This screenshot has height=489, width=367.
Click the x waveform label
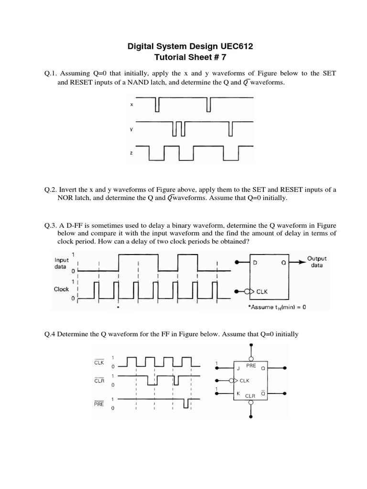(132, 104)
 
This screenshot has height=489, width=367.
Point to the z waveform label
(132, 153)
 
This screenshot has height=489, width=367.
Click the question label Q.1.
(51, 74)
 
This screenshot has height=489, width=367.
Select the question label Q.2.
(51, 190)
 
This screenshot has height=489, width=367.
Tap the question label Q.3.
(51, 225)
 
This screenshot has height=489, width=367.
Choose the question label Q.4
(50, 334)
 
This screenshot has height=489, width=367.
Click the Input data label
(62, 264)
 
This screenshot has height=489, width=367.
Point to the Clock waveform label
(62, 289)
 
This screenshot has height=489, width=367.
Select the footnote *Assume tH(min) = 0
(277, 307)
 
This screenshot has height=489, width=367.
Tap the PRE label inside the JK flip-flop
(251, 365)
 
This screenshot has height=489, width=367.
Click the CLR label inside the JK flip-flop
(251, 396)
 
